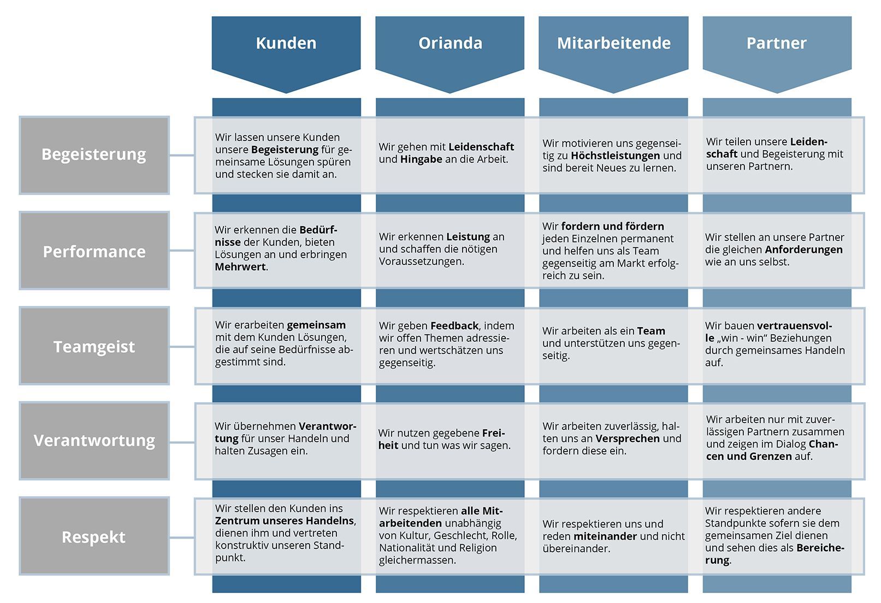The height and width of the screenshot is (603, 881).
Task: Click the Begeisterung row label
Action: (x=94, y=155)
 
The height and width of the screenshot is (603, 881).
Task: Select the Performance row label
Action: (x=94, y=251)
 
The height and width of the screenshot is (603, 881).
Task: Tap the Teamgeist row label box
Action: (x=94, y=346)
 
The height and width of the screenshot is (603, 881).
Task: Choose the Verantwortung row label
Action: (x=94, y=441)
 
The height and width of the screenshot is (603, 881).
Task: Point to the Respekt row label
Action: (x=94, y=536)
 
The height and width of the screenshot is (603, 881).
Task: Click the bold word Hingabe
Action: (x=421, y=159)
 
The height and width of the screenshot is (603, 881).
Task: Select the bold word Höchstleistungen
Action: (x=615, y=156)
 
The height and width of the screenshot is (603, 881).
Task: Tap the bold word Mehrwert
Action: (x=240, y=267)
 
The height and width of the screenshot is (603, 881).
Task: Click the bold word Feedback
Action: (x=454, y=326)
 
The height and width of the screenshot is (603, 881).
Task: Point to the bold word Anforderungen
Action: (x=803, y=250)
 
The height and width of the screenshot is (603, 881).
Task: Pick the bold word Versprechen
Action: (x=628, y=439)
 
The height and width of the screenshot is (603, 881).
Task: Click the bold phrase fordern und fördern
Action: (x=612, y=226)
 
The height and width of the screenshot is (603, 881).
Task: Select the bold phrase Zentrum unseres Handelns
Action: (x=285, y=521)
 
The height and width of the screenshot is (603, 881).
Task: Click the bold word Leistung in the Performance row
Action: (x=468, y=237)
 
